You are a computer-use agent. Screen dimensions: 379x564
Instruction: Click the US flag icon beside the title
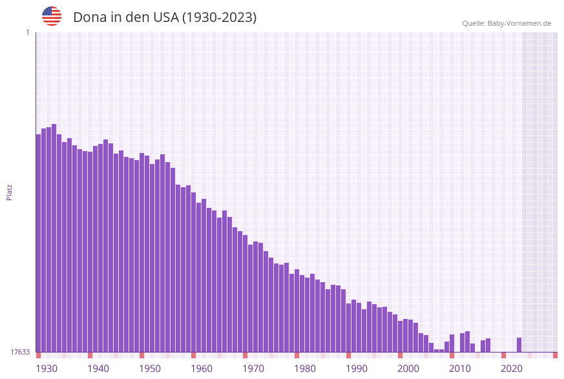point(52,16)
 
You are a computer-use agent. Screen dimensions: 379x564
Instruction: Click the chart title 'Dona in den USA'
point(165,17)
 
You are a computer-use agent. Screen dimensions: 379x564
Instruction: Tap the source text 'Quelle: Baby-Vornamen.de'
point(507,23)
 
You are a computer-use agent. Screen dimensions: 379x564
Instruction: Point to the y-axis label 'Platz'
point(10,192)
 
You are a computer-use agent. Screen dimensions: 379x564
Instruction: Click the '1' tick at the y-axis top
point(27,32)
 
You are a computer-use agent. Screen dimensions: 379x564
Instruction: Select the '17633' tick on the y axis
point(20,352)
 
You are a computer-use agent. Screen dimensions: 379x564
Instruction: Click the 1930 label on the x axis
point(47,369)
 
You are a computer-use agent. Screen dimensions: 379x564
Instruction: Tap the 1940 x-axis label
point(98,369)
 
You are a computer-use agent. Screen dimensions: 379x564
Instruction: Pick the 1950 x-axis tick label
point(150,369)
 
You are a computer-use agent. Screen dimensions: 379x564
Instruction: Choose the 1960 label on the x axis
point(202,369)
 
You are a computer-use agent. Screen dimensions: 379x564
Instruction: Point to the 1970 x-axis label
point(253,369)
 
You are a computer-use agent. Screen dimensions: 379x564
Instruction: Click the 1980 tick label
point(305,369)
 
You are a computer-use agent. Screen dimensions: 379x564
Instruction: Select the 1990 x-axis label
point(357,369)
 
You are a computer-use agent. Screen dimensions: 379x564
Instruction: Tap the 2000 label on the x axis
point(408,369)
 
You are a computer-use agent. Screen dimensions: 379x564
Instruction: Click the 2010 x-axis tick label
point(460,369)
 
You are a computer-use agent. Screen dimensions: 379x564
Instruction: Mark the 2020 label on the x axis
point(512,369)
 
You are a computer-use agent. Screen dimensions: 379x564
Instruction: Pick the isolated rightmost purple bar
point(519,345)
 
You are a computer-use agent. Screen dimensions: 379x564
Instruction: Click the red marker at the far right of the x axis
point(555,355)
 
